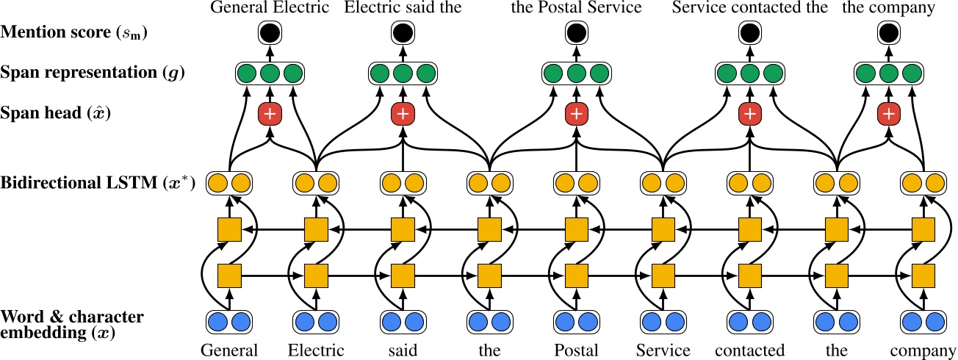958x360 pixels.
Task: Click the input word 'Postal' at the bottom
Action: tap(576, 350)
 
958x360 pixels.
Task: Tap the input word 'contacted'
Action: tap(749, 350)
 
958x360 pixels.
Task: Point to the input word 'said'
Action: tap(403, 350)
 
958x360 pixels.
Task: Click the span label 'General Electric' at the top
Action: tap(269, 9)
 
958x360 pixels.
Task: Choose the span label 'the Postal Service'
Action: tap(577, 9)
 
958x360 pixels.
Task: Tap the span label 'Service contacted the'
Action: tap(749, 9)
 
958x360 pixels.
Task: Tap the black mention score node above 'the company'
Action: tap(889, 32)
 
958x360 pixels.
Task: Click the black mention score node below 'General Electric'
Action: tap(269, 32)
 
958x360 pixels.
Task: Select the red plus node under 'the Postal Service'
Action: tap(577, 114)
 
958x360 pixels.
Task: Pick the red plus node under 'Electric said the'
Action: tap(402, 114)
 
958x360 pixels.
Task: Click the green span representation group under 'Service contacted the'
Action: tap(749, 73)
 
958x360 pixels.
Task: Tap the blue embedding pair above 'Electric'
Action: tap(316, 321)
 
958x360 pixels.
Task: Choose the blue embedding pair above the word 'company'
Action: tap(923, 321)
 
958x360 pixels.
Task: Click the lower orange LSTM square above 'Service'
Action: tap(663, 276)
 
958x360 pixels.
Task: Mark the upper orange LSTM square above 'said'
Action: tap(403, 231)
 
